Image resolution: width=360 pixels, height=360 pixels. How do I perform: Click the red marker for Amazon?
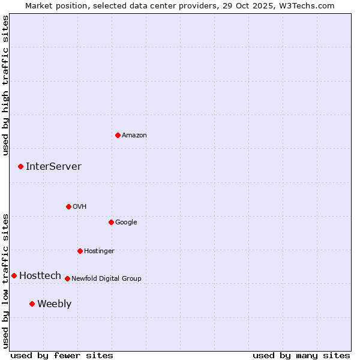pyautogui.click(x=118, y=135)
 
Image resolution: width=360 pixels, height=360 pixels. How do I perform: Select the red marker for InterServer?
pyautogui.click(x=20, y=166)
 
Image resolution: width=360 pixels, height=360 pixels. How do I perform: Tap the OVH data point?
pyautogui.click(x=68, y=206)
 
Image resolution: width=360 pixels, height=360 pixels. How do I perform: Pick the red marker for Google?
pyautogui.click(x=111, y=222)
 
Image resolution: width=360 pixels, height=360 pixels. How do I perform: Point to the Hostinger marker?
pyautogui.click(x=80, y=251)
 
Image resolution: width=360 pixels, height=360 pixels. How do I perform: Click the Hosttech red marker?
pyautogui.click(x=14, y=275)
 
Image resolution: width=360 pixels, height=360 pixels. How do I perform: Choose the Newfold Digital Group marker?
pyautogui.click(x=67, y=278)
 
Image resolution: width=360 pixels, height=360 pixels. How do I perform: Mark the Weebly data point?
pyautogui.click(x=32, y=304)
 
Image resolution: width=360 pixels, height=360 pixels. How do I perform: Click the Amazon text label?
pyautogui.click(x=134, y=136)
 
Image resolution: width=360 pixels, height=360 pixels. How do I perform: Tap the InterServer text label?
pyautogui.click(x=53, y=167)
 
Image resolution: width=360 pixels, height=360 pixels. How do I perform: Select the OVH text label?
pyautogui.click(x=80, y=207)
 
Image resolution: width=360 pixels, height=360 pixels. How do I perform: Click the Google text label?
pyautogui.click(x=126, y=223)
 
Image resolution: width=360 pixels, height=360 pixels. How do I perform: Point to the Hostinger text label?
pyautogui.click(x=99, y=251)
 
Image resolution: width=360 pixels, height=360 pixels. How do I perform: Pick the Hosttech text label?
pyautogui.click(x=40, y=276)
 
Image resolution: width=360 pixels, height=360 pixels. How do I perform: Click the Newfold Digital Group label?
pyautogui.click(x=106, y=279)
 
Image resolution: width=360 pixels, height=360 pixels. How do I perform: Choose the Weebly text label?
pyautogui.click(x=54, y=304)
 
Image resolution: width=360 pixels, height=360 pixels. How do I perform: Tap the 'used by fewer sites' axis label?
pyautogui.click(x=62, y=355)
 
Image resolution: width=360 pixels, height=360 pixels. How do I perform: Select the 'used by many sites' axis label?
pyautogui.click(x=301, y=355)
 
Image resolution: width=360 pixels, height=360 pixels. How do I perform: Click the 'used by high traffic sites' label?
pyautogui.click(x=5, y=85)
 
